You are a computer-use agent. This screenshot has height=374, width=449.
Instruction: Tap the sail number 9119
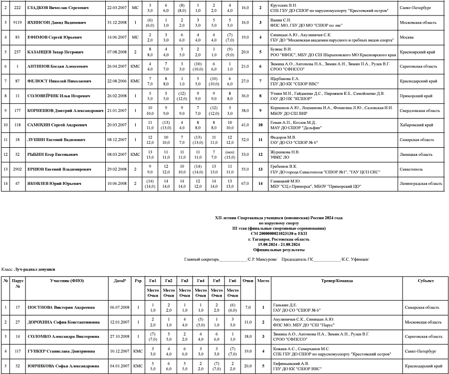click(x=17, y=23)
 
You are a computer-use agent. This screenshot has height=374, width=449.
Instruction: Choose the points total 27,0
click(x=245, y=81)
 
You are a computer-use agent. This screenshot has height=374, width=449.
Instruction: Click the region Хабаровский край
click(x=416, y=125)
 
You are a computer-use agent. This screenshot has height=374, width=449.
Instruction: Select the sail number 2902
click(x=17, y=169)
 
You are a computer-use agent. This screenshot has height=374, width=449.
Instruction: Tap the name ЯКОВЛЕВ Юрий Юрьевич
click(x=54, y=183)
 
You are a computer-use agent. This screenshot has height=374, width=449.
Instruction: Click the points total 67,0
click(x=245, y=183)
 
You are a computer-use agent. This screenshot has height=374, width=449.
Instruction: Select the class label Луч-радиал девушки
click(x=35, y=269)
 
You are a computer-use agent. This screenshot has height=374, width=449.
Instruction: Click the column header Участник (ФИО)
click(x=67, y=281)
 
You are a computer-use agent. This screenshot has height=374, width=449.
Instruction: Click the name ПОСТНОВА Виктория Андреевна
click(x=60, y=308)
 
